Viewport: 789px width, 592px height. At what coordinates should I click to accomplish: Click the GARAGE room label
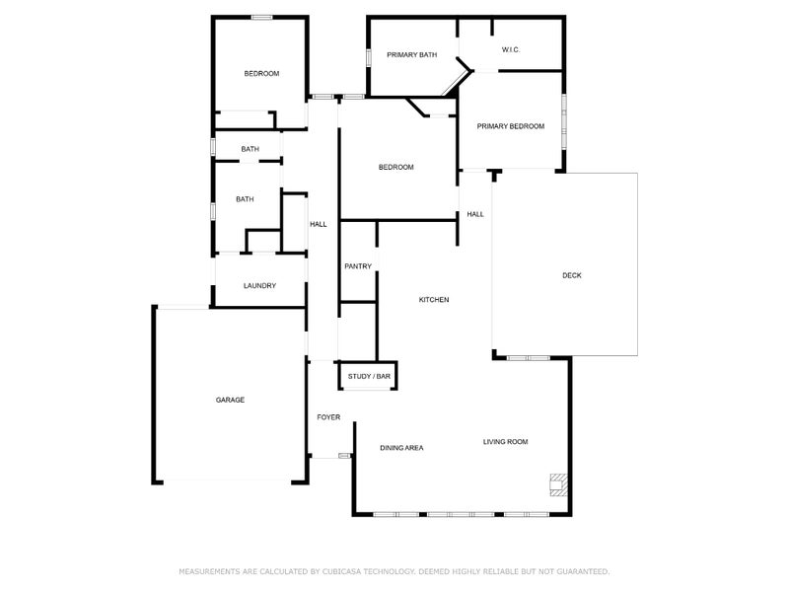coord(230,400)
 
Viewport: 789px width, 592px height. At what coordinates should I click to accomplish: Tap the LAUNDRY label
coord(259,286)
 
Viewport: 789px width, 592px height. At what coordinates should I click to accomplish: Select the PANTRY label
coord(357,266)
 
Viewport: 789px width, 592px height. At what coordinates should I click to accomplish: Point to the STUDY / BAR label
coord(369,377)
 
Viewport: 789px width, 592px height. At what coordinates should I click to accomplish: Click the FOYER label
coord(328,417)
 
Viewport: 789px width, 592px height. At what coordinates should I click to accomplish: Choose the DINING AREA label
coord(401,448)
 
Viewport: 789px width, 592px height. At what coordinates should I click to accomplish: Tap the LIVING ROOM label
coord(505,442)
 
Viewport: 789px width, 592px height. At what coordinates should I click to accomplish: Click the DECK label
coord(572,275)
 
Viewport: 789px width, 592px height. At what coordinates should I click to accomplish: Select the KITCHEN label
coord(434,299)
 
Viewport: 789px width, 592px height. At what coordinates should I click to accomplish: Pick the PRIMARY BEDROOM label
coord(511,126)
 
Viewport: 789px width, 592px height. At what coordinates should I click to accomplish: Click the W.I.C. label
coord(511,49)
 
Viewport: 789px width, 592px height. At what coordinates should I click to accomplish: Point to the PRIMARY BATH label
coord(411,55)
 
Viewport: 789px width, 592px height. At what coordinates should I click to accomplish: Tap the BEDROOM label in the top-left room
coord(261,74)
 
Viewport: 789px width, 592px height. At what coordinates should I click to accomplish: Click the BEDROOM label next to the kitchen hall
coord(395,168)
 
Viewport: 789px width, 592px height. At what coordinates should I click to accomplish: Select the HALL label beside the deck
coord(475,214)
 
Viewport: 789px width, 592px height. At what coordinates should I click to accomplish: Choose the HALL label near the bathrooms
coord(319,224)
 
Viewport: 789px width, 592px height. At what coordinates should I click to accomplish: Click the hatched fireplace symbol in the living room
coord(559,482)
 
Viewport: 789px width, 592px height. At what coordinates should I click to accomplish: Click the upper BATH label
coord(250,149)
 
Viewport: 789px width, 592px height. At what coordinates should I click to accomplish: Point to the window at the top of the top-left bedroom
coord(261,18)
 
